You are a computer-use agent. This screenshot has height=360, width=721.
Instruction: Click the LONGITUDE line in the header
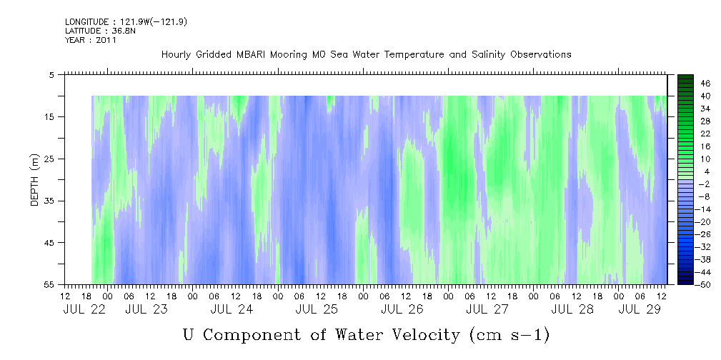tap(126, 21)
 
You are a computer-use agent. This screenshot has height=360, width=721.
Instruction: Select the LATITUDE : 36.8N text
tap(100, 31)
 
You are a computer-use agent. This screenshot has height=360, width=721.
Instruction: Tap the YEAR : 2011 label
tap(91, 40)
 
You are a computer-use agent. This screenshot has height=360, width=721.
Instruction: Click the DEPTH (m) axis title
tap(35, 180)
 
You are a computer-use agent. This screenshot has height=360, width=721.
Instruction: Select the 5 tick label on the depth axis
tap(51, 75)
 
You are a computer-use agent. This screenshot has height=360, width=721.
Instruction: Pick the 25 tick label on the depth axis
tap(49, 159)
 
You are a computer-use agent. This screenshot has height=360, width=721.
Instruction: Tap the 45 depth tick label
tap(49, 243)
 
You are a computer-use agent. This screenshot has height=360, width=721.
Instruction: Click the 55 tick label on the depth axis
tap(49, 284)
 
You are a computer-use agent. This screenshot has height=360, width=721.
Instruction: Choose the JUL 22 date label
tap(84, 309)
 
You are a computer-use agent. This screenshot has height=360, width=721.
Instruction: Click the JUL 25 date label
tap(317, 309)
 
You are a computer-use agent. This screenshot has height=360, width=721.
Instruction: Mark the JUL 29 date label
tap(640, 309)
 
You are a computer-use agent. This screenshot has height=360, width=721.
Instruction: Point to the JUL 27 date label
tap(487, 309)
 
